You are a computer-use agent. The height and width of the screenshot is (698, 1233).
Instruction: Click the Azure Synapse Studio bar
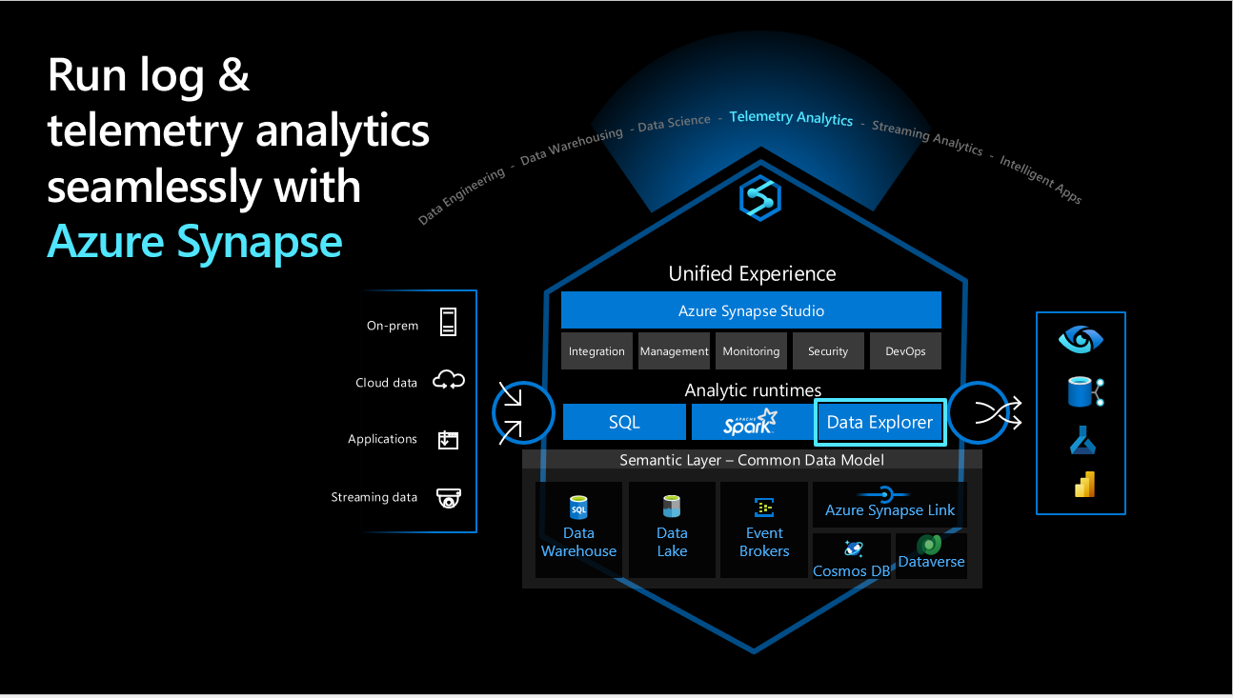tap(751, 310)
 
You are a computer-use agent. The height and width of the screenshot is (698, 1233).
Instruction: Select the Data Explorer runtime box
tap(879, 422)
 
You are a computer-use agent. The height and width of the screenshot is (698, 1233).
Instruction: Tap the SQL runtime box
tap(624, 422)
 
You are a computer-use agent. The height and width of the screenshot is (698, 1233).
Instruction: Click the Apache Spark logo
tap(750, 422)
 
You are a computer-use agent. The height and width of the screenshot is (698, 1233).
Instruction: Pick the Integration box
tap(596, 351)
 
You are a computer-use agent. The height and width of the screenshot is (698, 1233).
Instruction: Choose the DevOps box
tap(905, 351)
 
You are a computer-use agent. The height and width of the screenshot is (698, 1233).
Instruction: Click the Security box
tap(828, 351)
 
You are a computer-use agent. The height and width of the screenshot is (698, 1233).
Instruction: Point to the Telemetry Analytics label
tap(791, 118)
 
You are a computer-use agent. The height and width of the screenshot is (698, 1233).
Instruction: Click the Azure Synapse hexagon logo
tap(760, 198)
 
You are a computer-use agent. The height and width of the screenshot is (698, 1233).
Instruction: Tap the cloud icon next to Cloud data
tap(449, 380)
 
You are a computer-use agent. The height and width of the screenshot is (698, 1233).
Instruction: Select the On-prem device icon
tap(448, 322)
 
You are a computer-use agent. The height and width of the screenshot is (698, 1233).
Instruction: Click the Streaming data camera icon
tap(449, 498)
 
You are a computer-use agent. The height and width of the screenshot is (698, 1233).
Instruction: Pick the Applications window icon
tap(448, 440)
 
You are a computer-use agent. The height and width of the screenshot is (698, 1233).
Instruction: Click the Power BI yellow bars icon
tap(1084, 485)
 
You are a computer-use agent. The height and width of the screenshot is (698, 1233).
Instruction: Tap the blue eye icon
tap(1081, 339)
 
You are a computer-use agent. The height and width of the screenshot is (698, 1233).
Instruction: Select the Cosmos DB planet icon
tap(853, 548)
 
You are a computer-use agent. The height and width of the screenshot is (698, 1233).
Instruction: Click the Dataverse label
tap(931, 562)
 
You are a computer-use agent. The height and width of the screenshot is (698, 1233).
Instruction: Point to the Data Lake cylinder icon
tap(672, 507)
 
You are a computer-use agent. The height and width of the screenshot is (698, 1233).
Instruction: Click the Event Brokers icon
tap(764, 508)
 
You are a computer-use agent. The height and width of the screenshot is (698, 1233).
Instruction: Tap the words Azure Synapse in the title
tap(194, 242)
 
